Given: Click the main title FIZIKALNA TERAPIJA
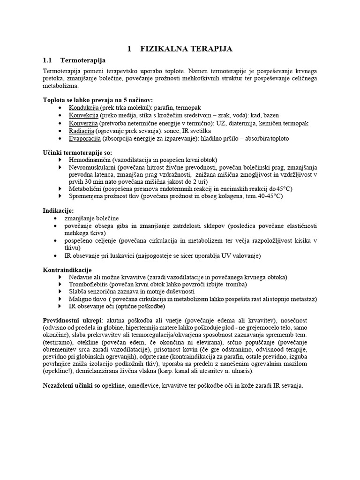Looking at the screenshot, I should [x=186, y=49].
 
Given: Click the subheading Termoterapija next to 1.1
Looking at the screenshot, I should [x=83, y=60].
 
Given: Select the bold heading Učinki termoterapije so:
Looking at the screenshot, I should [x=77, y=152].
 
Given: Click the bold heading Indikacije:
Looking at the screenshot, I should [x=58, y=210].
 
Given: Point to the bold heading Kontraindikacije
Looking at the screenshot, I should [x=67, y=270].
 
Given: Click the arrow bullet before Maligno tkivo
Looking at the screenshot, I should [x=60, y=299].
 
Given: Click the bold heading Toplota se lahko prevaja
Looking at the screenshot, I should [x=97, y=100].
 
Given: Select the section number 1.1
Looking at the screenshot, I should [x=47, y=60].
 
